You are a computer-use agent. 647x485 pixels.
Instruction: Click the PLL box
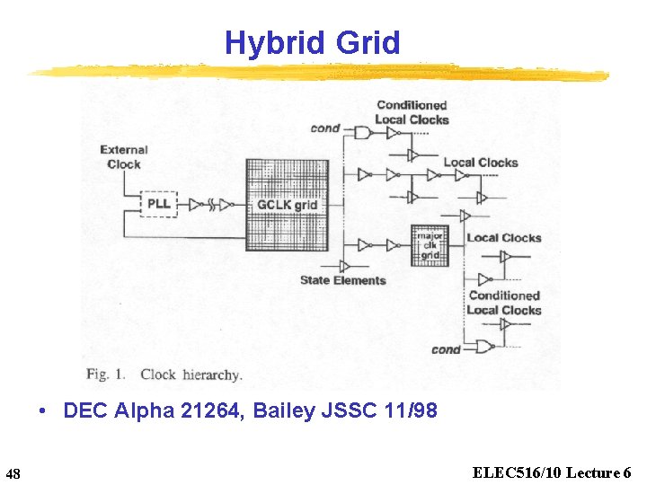pos(158,205)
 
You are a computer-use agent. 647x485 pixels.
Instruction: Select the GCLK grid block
pos(287,205)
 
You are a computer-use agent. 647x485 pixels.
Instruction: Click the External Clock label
pos(124,156)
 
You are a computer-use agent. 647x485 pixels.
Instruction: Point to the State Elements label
pos(342,280)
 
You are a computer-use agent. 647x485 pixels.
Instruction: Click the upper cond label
pos(324,128)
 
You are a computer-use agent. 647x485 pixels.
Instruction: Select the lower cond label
pos(446,349)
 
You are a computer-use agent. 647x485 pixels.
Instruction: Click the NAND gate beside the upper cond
pos(362,132)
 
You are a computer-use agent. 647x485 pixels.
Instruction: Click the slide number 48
pos(13,472)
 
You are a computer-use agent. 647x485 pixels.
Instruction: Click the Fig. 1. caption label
pos(106,374)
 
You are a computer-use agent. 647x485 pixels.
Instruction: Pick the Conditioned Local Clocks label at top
pos(411,112)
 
